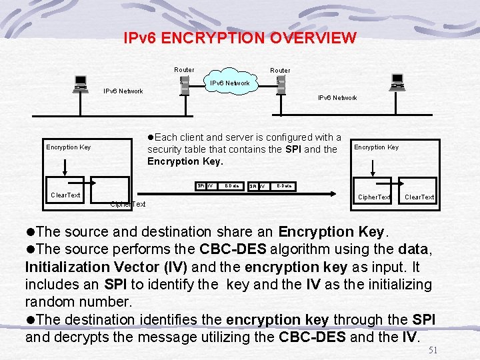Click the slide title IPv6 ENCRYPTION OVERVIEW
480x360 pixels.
point(240,38)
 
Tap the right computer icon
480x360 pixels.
point(398,82)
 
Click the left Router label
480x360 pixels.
point(184,70)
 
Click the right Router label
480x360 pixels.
point(280,70)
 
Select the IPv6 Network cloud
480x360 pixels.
point(230,83)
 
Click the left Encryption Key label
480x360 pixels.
point(68,147)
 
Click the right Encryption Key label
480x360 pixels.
point(376,147)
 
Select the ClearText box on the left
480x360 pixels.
point(65,195)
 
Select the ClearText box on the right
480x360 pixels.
point(419,197)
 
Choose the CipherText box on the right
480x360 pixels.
point(374,197)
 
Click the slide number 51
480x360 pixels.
point(433,350)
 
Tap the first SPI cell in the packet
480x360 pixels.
point(201,185)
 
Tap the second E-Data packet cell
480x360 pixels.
point(285,185)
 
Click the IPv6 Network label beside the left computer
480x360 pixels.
point(123,91)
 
